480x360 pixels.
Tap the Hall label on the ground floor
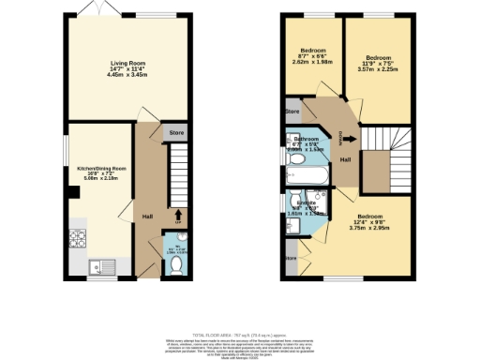[147, 217]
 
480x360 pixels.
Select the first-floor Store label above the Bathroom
[292, 112]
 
